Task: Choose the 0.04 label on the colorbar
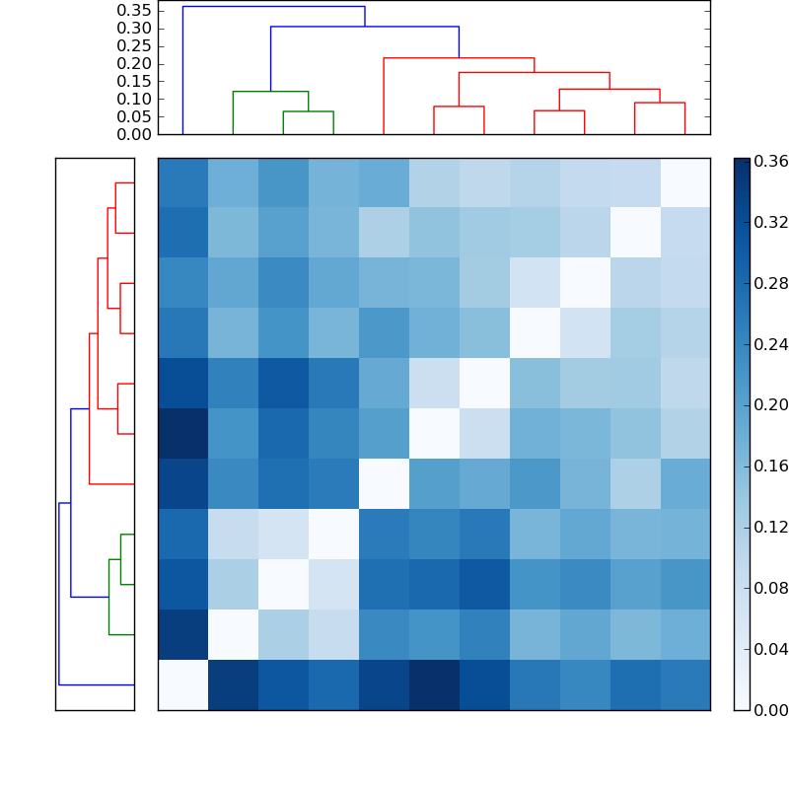click(x=770, y=649)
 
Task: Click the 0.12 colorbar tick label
click(x=770, y=527)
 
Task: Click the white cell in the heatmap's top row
click(x=684, y=182)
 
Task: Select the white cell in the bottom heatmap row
click(x=182, y=684)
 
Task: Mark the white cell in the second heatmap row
click(x=634, y=233)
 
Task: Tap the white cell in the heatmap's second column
click(x=233, y=634)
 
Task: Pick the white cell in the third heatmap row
click(x=584, y=283)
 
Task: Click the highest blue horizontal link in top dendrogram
click(x=273, y=7)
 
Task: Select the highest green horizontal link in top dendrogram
click(x=270, y=92)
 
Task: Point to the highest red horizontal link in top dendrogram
click(x=459, y=58)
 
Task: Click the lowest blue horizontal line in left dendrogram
click(x=97, y=684)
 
